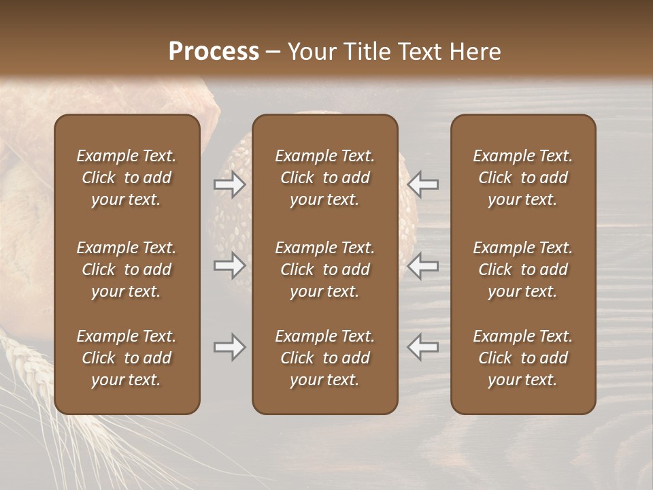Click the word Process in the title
214,52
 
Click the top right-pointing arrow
229,184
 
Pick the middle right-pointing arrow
229,265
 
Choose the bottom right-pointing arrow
229,347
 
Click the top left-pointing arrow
423,184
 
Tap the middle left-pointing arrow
423,265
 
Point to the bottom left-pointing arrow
423,347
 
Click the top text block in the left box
127,178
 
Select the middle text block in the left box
127,269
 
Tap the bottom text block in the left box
127,358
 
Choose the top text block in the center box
324,178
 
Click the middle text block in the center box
324,269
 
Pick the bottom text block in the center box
324,358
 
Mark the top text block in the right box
522,178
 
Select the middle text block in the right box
522,269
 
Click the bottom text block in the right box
522,358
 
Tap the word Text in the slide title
427,52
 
